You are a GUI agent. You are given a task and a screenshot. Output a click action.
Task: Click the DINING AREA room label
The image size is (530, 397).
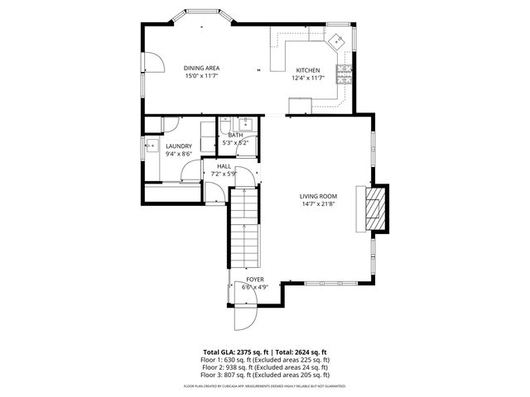coord(201,68)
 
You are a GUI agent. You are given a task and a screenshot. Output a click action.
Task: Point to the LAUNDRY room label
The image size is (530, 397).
coord(179,146)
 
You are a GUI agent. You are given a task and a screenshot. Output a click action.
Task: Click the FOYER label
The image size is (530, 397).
coord(255,280)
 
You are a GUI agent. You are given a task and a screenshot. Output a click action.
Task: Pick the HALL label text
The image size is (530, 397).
coord(224,166)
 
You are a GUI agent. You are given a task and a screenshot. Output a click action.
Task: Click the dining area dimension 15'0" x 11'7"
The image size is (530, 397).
coord(201,76)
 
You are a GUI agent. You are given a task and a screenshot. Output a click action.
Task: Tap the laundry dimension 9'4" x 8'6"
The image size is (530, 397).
coord(179,154)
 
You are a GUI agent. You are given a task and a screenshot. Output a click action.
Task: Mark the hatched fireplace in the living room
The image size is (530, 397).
coord(378,207)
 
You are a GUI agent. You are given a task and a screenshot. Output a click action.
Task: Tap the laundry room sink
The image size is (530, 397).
coord(152,147)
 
